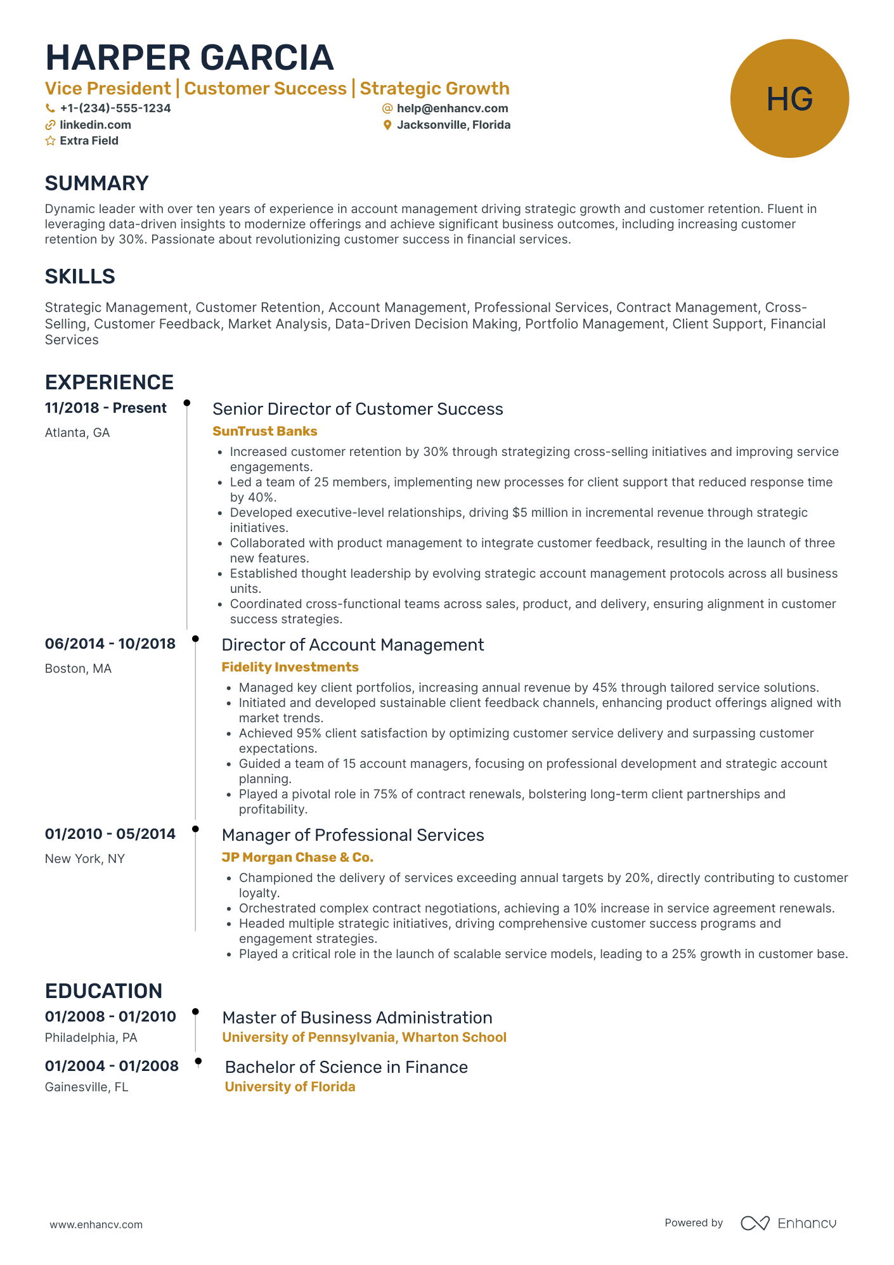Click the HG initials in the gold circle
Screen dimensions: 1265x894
pos(789,100)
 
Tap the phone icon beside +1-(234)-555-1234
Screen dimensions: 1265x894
pos(50,108)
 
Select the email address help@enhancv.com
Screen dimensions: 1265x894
pos(452,108)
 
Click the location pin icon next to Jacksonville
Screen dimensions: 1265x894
pos(387,126)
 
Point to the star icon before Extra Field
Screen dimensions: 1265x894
pos(50,141)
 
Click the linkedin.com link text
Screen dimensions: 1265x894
pos(95,125)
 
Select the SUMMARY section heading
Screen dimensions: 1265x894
pos(96,183)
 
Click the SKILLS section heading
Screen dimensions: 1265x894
pos(80,276)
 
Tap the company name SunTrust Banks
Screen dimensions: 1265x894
pos(264,431)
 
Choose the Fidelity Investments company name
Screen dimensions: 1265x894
pos(290,667)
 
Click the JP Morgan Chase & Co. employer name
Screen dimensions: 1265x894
pos(297,857)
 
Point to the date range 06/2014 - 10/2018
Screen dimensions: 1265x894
pos(110,644)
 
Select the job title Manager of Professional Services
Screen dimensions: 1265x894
pos(353,835)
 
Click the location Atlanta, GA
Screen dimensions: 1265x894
pos(77,432)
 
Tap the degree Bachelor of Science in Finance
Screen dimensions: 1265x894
pos(346,1067)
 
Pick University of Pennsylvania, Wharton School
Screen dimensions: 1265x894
pos(364,1037)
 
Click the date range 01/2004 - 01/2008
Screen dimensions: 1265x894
pos(112,1066)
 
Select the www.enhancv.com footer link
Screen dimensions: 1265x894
pos(96,1224)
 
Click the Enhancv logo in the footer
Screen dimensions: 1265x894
pos(788,1223)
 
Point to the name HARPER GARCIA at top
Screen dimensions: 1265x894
pos(190,58)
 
